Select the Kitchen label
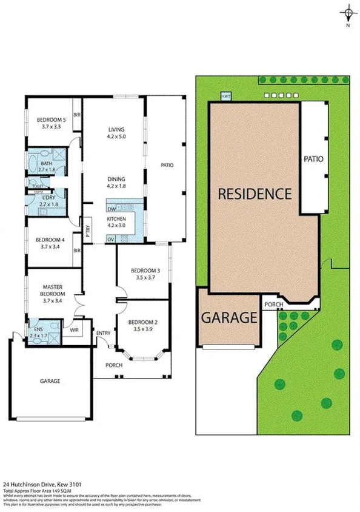coord(116,218)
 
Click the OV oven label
coord(111,239)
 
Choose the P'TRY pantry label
coord(88,229)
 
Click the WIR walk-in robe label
coord(75,330)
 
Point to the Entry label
coord(104,332)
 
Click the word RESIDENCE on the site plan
coord(255,194)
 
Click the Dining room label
coord(116,179)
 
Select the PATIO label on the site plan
coord(313,159)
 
